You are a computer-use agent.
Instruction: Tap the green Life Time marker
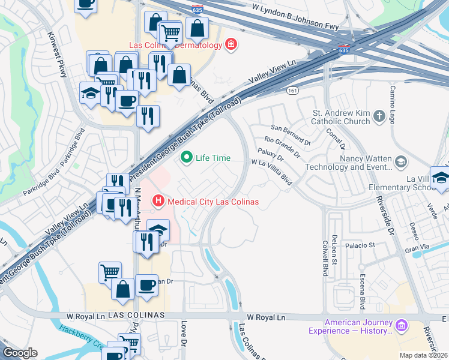point(187,158)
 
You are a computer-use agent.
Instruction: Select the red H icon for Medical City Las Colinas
point(158,201)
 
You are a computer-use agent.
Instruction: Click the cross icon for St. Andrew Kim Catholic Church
point(379,117)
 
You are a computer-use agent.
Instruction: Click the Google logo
point(20,353)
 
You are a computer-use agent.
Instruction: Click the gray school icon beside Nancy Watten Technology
point(400,161)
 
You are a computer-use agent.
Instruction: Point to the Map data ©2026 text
point(423,355)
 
